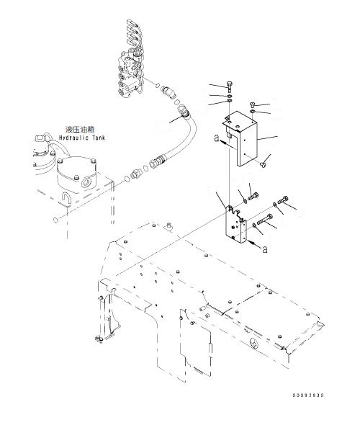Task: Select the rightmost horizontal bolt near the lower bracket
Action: pyautogui.click(x=282, y=199)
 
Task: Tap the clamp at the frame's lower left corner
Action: pyautogui.click(x=96, y=336)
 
